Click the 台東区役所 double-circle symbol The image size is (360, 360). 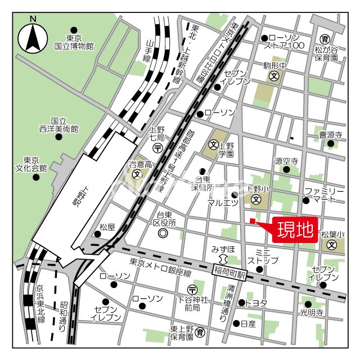tap(163, 233)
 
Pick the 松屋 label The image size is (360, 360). tap(107, 227)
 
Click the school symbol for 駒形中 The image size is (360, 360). tap(274, 76)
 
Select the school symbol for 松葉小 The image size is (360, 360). tap(332, 245)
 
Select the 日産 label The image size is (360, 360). tap(248, 324)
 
